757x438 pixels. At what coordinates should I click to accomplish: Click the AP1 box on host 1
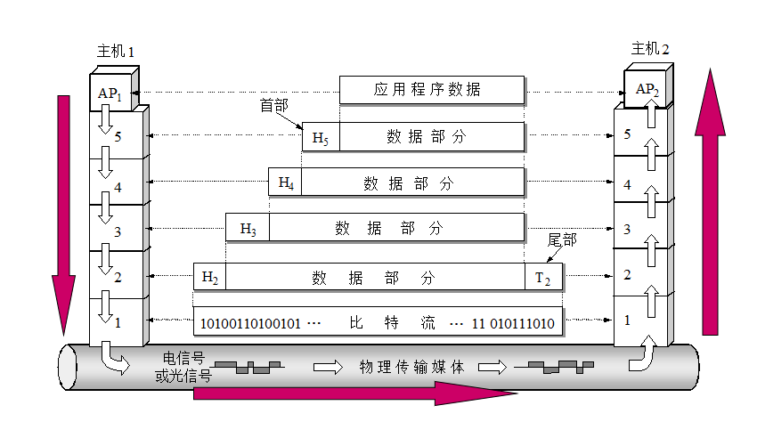110,93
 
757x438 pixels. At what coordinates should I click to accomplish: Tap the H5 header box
320,137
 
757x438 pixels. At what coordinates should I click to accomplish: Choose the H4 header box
286,182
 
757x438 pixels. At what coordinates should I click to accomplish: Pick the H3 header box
248,229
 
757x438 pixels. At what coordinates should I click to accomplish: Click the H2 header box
209,277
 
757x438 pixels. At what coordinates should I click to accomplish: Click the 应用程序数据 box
431,89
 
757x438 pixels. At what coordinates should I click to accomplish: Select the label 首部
273,106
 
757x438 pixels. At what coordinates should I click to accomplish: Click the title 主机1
115,52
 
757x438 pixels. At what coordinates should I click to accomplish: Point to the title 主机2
650,49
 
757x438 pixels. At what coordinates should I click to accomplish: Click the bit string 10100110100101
250,322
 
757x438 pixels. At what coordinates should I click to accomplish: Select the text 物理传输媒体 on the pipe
411,366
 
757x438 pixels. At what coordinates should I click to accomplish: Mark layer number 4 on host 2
627,185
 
